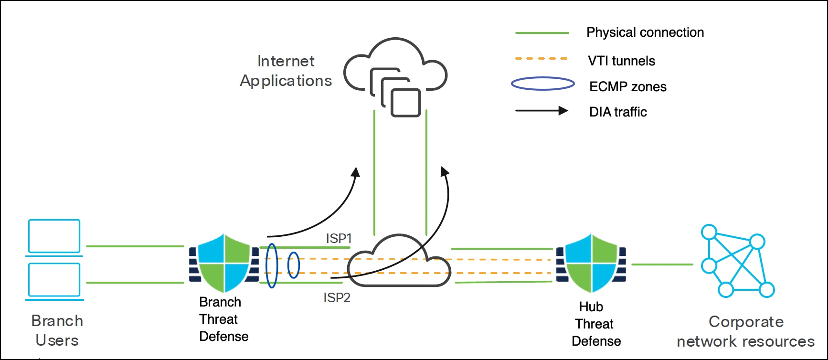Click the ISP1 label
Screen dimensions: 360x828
tap(339, 238)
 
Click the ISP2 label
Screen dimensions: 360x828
tap(337, 298)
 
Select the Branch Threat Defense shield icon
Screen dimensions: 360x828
tap(224, 263)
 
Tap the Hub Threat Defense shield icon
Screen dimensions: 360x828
tap(591, 263)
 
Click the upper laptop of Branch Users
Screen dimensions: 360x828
tap(54, 236)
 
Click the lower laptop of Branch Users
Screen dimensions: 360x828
tap(54, 280)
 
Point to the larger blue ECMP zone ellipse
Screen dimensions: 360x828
tap(272, 265)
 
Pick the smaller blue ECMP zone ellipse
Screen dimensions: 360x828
tap(293, 265)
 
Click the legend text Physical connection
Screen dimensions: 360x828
tap(645, 32)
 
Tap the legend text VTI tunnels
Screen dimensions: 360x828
tap(621, 61)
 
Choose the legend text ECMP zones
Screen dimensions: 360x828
tap(627, 87)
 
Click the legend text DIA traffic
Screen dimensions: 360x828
tap(618, 112)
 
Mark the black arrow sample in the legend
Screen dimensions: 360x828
tap(541, 111)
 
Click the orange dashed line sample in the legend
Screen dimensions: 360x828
tap(541, 59)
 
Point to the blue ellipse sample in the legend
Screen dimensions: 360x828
tap(543, 84)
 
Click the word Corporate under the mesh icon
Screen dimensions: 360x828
tap(746, 322)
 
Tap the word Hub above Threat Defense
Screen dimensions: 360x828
tap(591, 307)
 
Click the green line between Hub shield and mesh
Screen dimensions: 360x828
tap(662, 264)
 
